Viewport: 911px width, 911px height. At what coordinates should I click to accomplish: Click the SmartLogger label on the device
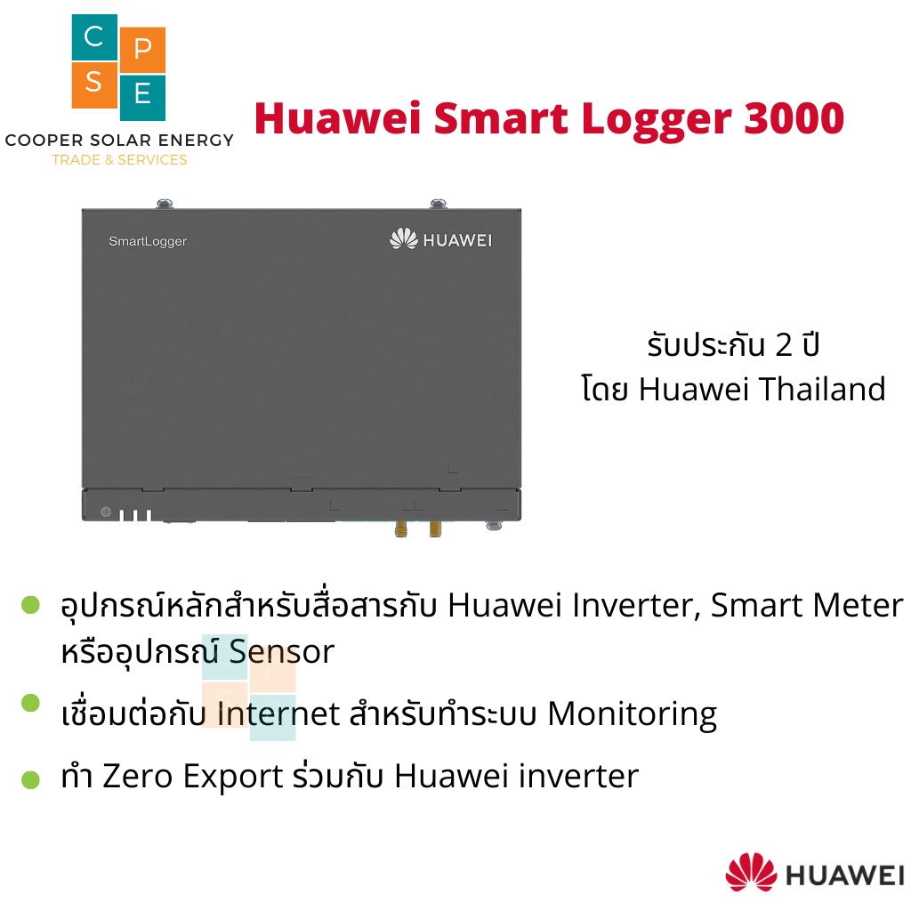[148, 241]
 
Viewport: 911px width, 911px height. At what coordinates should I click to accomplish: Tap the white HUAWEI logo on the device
[441, 239]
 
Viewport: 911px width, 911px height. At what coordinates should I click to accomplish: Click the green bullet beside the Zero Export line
[31, 780]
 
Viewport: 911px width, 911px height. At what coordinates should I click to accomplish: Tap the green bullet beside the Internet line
[31, 703]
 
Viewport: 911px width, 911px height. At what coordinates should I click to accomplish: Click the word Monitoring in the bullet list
[632, 713]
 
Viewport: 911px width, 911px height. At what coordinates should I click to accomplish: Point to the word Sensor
[281, 652]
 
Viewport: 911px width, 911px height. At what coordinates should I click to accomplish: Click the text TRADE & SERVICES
[119, 160]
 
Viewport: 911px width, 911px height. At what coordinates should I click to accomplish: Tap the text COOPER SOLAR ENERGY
[119, 141]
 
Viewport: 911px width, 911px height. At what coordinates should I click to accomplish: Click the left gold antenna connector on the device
[401, 528]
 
